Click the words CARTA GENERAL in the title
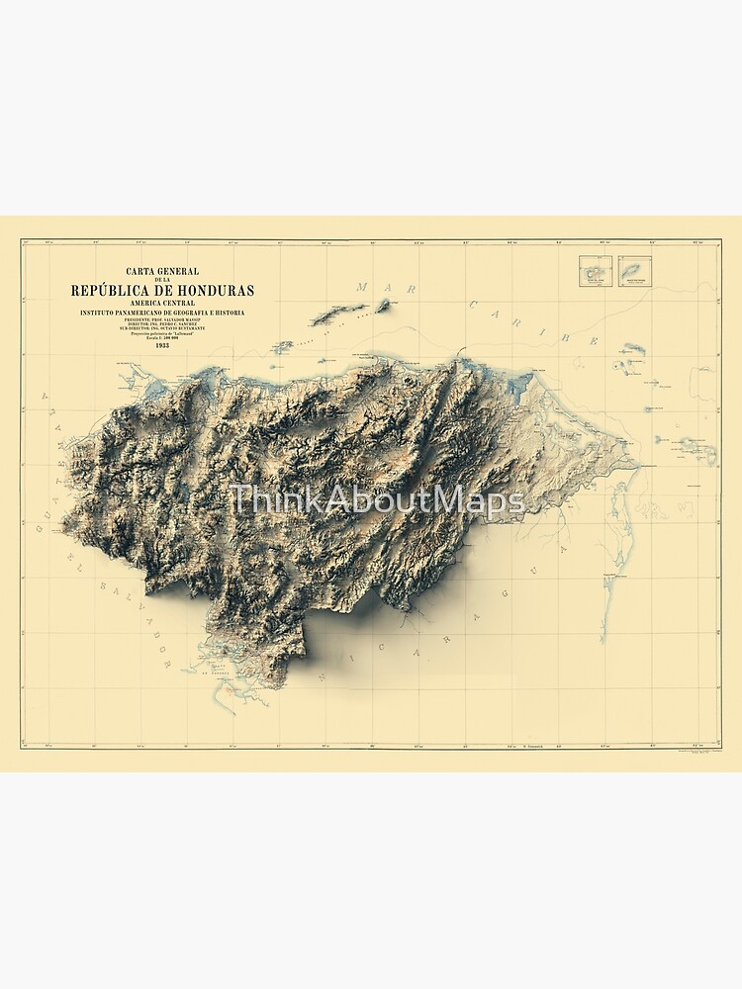click(162, 272)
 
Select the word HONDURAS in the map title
click(209, 290)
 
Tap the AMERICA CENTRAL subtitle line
click(162, 303)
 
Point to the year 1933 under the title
click(162, 345)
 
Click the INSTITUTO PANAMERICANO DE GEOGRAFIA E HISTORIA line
click(162, 313)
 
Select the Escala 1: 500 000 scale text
click(162, 337)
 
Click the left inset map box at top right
click(596, 271)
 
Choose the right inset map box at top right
click(635, 271)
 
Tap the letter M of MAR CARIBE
click(362, 287)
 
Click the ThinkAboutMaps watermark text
click(376, 500)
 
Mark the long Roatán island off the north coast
click(338, 315)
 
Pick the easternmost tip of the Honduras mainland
click(638, 464)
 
